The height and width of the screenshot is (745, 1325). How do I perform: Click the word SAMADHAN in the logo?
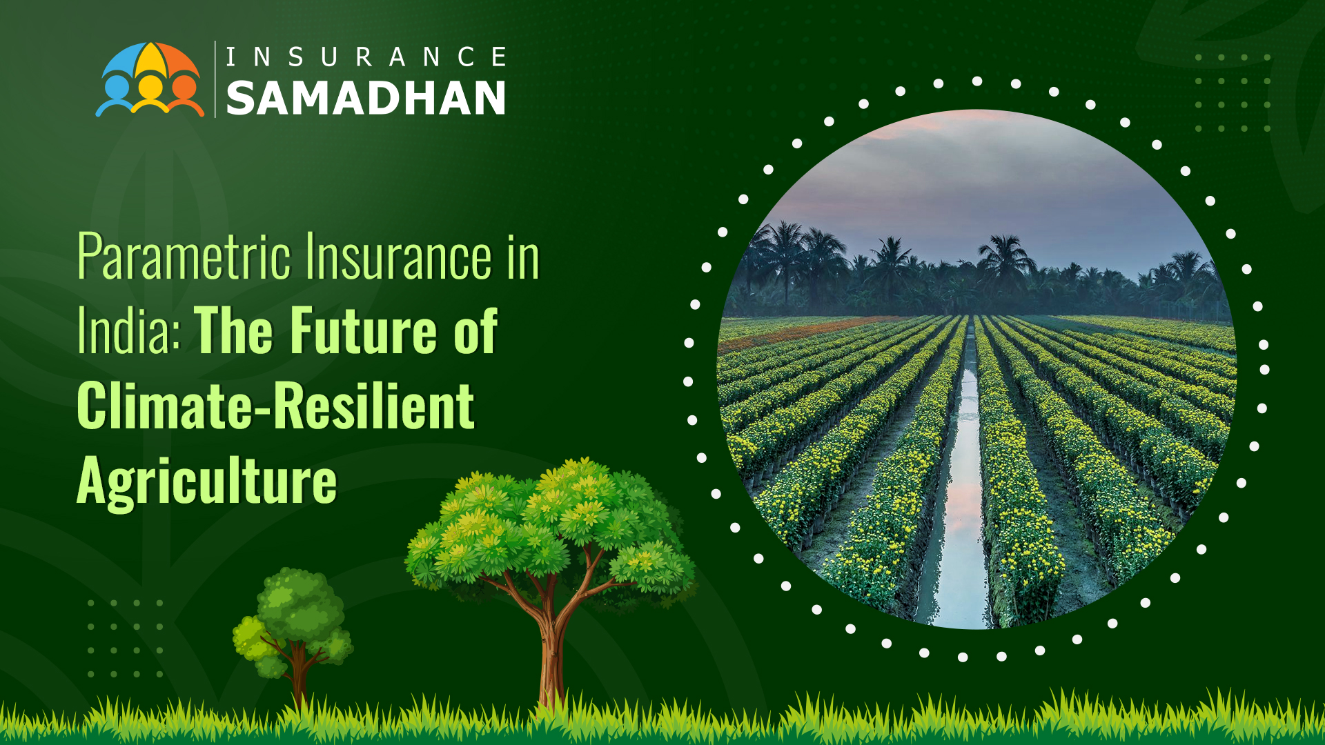tap(366, 98)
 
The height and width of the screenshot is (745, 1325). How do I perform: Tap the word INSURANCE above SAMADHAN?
tap(366, 57)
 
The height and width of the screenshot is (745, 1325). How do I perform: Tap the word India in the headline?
tap(128, 331)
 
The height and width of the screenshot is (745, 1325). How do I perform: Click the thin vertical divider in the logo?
tap(215, 79)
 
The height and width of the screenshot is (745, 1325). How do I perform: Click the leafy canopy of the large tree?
tap(545, 524)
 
